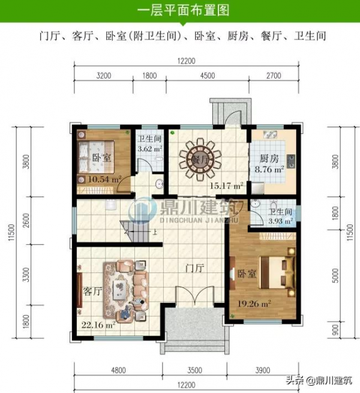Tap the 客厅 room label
click(x=92, y=292)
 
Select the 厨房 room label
click(x=269, y=160)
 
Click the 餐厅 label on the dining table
click(x=200, y=160)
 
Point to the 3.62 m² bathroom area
click(x=149, y=148)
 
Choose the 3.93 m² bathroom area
click(x=280, y=221)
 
